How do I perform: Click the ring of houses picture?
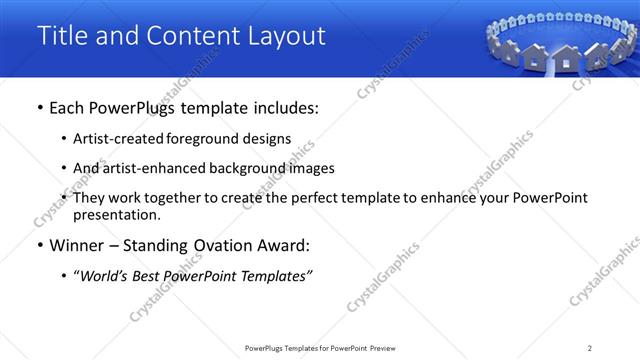pyautogui.click(x=560, y=45)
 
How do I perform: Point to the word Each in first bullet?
pyautogui.click(x=68, y=108)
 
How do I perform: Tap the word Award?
pyautogui.click(x=286, y=246)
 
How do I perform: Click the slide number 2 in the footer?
pyautogui.click(x=590, y=348)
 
